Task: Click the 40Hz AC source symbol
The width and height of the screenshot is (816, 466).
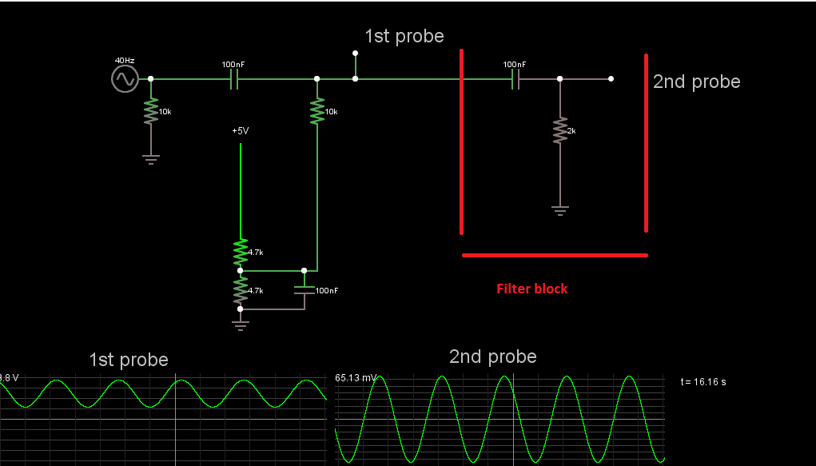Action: coord(125,78)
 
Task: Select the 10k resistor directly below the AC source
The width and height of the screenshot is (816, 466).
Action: coord(150,112)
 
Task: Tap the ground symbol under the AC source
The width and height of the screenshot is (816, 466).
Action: coord(150,158)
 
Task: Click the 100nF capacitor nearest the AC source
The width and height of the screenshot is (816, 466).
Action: coord(234,78)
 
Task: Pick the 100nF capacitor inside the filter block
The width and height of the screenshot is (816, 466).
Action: coord(515,78)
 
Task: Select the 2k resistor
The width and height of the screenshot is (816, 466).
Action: coord(559,129)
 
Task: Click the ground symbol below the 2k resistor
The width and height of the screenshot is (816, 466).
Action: coord(559,210)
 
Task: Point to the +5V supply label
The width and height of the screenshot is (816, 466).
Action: coord(241,130)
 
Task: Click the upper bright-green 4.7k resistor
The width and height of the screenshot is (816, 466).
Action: coord(240,252)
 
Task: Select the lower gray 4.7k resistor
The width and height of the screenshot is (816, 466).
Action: coord(240,289)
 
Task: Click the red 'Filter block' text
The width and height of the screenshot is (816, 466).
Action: coord(531,289)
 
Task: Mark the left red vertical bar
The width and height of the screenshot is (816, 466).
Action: coord(461,141)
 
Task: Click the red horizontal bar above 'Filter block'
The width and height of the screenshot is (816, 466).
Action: coord(555,255)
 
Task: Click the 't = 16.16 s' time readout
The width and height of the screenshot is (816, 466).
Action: coord(703,381)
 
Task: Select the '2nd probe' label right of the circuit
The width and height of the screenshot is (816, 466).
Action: coord(696,82)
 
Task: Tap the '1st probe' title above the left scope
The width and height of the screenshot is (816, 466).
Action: coord(129,360)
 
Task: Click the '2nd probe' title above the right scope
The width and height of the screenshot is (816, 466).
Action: coord(492,356)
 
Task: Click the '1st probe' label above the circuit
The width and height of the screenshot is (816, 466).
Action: coord(404,36)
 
